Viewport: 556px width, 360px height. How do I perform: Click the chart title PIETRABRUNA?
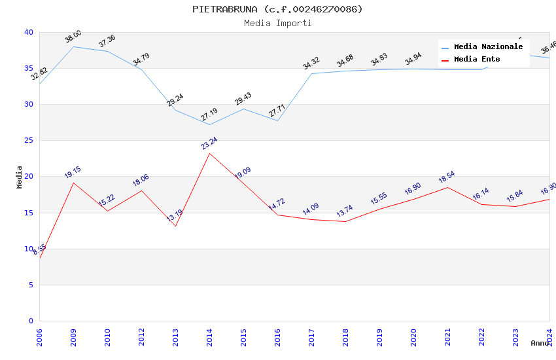277,9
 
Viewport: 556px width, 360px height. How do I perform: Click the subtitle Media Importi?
277,24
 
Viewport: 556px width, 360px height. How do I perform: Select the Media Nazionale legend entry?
488,47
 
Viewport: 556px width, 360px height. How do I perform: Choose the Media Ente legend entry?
477,60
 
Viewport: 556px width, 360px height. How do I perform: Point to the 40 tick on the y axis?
29,32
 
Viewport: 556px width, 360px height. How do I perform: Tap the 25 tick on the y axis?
29,141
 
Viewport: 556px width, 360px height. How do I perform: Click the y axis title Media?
20,177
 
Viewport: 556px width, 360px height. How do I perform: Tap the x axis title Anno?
540,343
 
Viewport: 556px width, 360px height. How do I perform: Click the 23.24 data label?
209,143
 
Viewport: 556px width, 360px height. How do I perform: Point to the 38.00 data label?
73,37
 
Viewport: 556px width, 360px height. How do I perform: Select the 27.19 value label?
209,115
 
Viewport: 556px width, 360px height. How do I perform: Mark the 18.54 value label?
447,177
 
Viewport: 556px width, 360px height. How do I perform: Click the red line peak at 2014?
209,153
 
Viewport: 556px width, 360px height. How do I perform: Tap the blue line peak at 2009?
73,46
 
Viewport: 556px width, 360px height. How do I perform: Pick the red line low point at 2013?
175,226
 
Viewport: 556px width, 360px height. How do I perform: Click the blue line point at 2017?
311,73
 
